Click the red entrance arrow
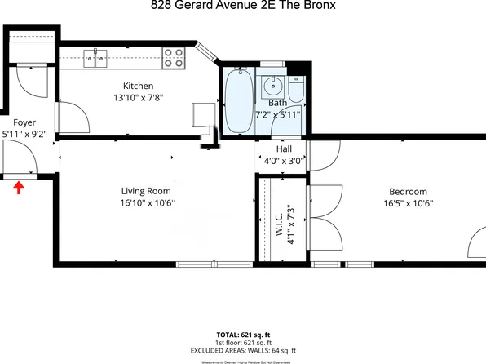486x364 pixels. pos(19,189)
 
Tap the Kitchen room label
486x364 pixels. pos(138,87)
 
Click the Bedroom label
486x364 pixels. pos(407,192)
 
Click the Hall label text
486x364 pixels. pos(284,149)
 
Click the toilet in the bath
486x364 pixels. pos(295,87)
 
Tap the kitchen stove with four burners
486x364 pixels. pos(173,58)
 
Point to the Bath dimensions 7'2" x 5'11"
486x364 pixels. pos(279,114)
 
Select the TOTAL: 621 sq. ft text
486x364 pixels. pos(243,335)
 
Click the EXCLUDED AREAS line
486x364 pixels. pos(243,350)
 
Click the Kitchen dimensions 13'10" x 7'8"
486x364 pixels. pos(138,97)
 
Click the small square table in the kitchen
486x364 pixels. pos(201,113)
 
